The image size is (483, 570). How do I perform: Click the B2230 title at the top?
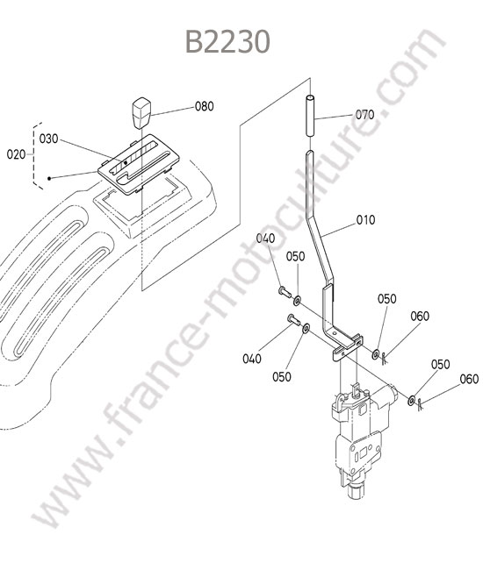227,41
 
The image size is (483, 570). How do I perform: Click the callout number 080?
205,106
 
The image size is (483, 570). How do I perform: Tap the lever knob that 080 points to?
141,113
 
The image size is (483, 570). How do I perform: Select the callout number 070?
364,115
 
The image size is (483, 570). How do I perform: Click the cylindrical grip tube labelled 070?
310,116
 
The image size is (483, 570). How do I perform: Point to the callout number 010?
365,220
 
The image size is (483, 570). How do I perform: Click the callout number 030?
48,139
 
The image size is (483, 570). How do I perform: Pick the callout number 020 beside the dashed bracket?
16,154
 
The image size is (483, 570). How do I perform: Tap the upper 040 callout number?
266,239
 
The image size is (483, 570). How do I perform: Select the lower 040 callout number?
252,359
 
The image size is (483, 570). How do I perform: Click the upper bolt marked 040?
285,292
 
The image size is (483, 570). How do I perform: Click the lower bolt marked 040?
293,320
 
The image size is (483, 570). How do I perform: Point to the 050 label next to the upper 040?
295,257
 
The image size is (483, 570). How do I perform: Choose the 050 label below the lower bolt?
282,377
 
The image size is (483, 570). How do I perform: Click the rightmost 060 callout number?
469,379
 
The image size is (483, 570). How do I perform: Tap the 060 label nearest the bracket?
420,317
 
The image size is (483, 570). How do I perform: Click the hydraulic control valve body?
360,440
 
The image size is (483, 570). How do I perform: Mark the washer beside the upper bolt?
298,301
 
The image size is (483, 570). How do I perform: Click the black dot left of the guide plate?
49,179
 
